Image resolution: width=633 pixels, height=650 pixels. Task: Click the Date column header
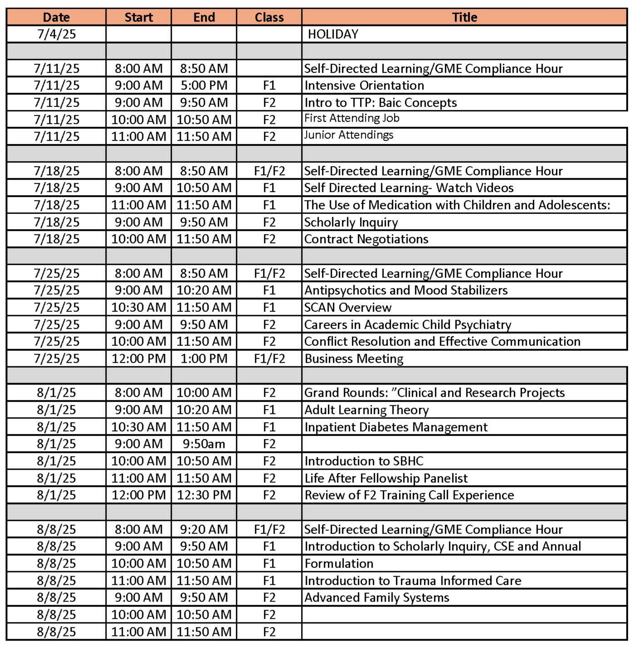(56, 17)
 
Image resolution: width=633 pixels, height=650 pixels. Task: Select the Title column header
(464, 17)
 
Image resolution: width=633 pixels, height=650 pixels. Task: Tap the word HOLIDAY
(333, 34)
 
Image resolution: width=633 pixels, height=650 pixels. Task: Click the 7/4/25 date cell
(56, 34)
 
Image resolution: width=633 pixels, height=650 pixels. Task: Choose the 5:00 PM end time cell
(204, 85)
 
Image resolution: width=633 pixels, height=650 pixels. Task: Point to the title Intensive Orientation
(364, 85)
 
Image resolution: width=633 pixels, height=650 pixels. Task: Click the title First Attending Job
(352, 118)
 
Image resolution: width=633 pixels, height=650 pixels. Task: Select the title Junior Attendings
(349, 135)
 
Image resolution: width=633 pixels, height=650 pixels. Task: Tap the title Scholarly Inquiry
(351, 222)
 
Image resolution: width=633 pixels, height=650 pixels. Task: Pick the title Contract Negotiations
(366, 239)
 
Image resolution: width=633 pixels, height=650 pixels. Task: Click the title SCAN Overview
(348, 307)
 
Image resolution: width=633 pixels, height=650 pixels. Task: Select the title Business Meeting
(354, 359)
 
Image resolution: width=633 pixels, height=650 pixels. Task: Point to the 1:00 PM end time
(204, 359)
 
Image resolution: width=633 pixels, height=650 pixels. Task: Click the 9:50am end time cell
(204, 444)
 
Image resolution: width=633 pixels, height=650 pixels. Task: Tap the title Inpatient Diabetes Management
(396, 427)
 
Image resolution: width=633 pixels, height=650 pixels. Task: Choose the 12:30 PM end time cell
(204, 495)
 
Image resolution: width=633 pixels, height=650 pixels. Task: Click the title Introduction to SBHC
(364, 461)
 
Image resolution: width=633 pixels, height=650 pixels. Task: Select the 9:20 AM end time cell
(204, 529)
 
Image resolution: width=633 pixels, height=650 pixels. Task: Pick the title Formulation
(339, 563)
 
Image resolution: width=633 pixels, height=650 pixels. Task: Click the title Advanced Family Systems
(376, 597)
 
